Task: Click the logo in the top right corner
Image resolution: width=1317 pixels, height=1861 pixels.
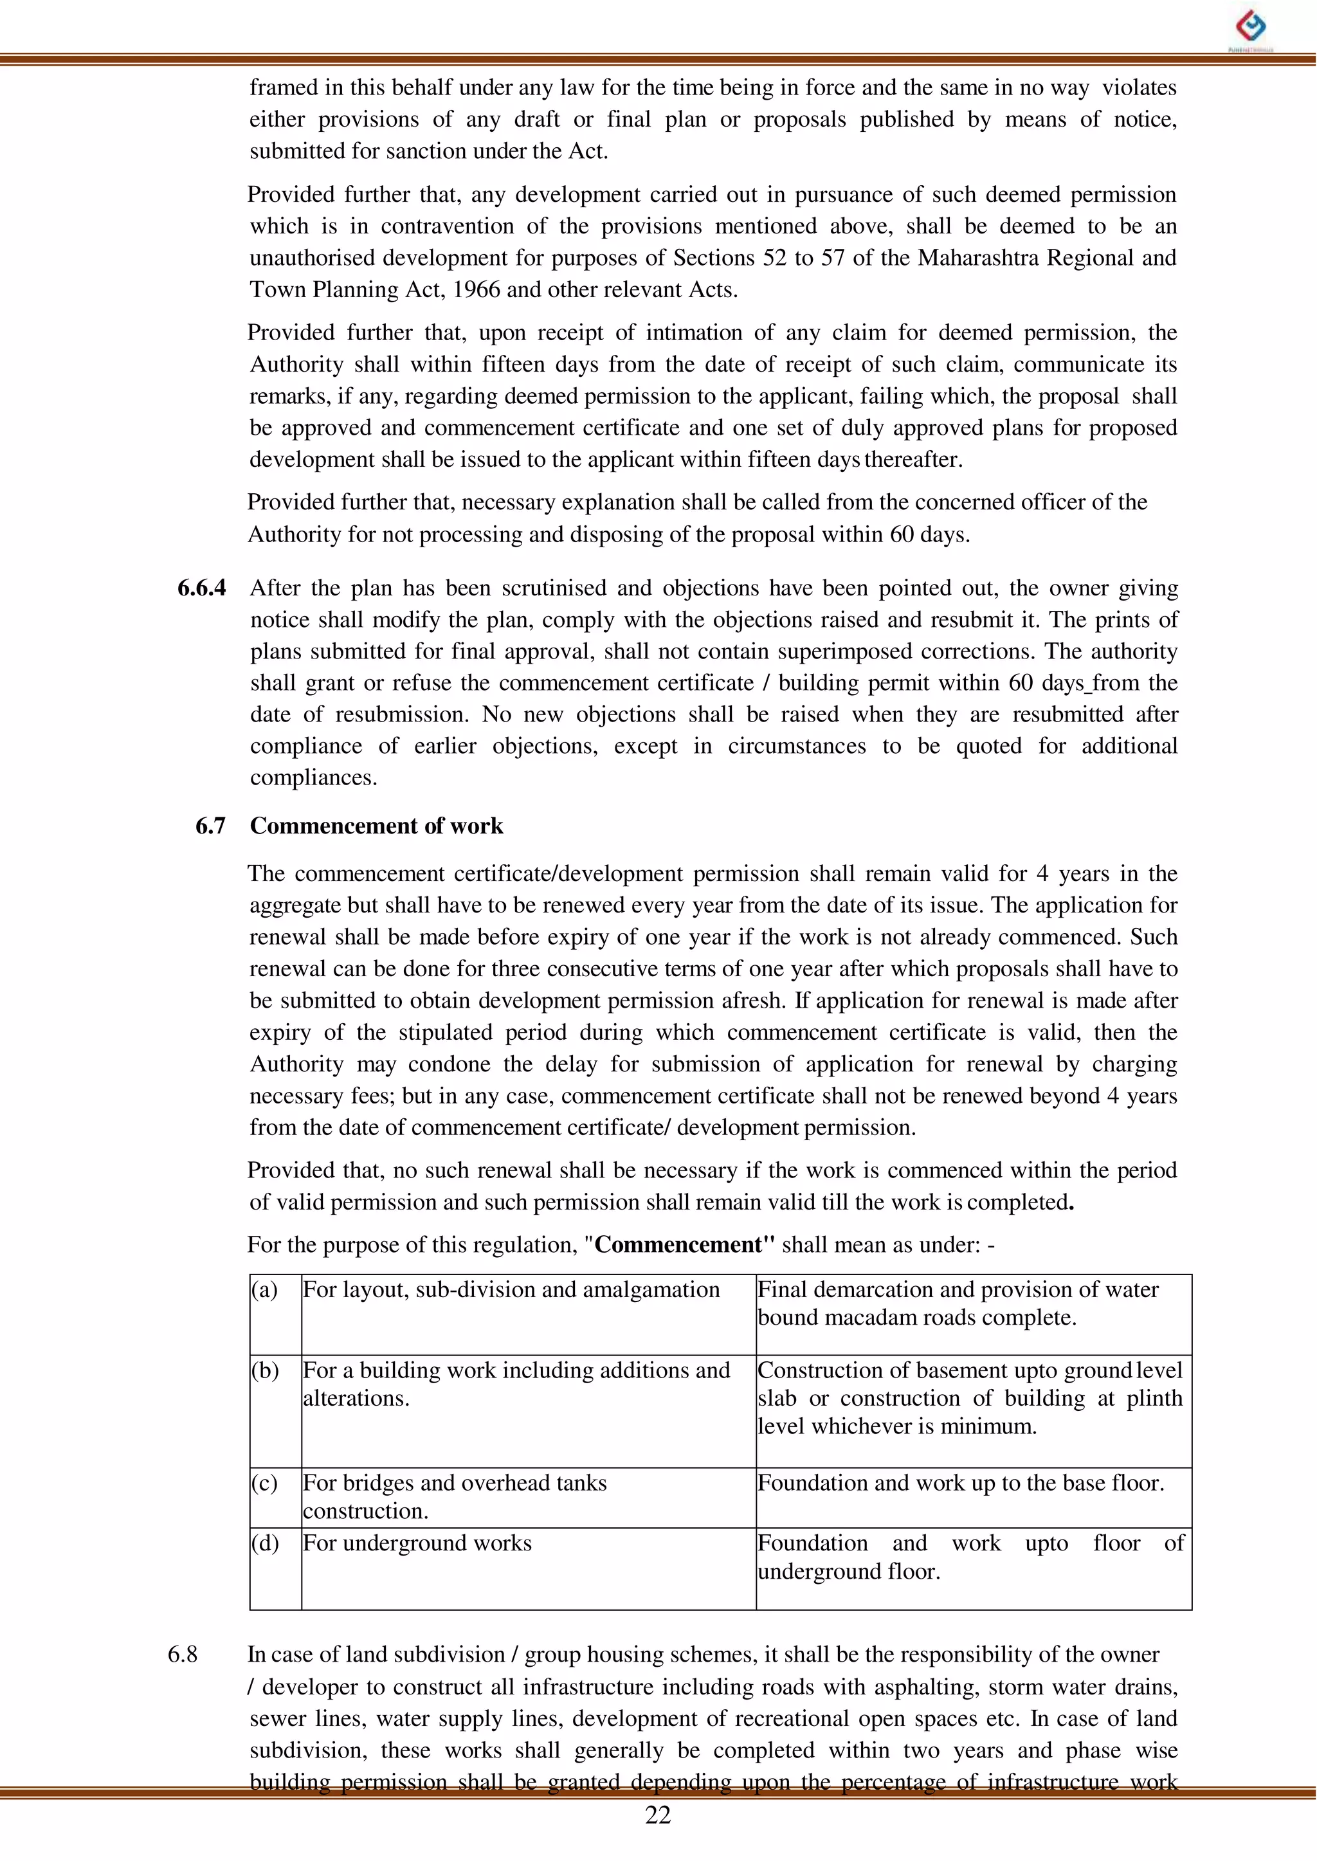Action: click(x=1251, y=28)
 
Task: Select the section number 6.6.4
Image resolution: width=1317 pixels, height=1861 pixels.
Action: click(x=201, y=588)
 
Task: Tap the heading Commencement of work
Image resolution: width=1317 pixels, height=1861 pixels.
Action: click(x=376, y=826)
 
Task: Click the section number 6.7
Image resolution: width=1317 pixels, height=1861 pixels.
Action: click(x=210, y=826)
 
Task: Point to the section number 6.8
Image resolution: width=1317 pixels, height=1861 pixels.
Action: click(x=183, y=1654)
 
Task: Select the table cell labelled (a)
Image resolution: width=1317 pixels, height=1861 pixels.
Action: click(x=265, y=1290)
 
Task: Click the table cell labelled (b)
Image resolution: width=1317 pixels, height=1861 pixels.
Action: click(x=265, y=1370)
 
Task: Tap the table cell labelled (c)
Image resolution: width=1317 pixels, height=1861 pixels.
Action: click(x=265, y=1483)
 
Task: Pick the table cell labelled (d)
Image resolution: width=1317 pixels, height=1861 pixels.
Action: click(x=265, y=1543)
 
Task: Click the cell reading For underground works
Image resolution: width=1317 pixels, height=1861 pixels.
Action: click(x=417, y=1543)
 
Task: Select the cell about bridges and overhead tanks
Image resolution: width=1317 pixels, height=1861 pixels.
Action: click(x=454, y=1496)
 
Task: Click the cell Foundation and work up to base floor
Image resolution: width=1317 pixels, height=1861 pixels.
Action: click(x=960, y=1483)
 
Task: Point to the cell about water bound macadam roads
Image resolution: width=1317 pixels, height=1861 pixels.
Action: click(x=957, y=1303)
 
